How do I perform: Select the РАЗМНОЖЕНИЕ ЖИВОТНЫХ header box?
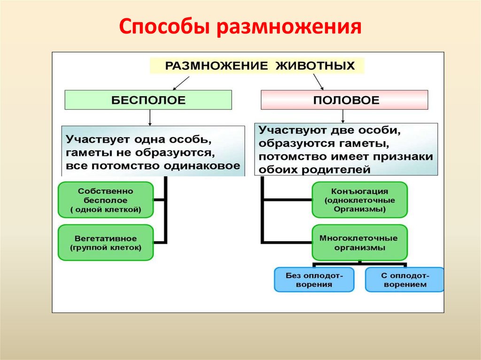pos(256,65)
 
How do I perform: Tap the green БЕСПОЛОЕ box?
pos(148,100)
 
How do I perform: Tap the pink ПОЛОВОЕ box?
pos(344,100)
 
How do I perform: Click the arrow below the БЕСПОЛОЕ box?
pos(149,117)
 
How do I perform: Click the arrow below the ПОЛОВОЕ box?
pos(344,116)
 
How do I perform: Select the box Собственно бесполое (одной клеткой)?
pos(106,200)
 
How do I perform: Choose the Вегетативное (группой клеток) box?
pos(106,242)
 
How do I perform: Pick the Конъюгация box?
pos(360,200)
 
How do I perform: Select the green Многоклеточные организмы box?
pos(360,242)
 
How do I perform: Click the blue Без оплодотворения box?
pos(314,280)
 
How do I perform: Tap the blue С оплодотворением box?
pos(404,280)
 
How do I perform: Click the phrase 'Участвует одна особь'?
pos(136,140)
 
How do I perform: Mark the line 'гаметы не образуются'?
pos(141,153)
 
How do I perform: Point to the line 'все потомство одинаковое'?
pos(153,166)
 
